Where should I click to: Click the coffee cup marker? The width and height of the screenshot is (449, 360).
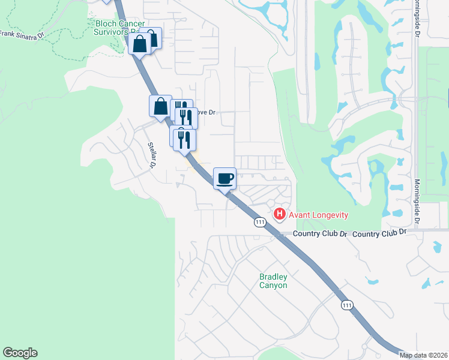coord(224,178)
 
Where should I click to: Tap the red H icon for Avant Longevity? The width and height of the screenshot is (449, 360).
coord(279,214)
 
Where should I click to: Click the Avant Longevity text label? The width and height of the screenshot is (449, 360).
coord(319,215)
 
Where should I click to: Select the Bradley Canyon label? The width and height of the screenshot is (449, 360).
coord(273,281)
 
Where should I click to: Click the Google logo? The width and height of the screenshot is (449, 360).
coord(20,353)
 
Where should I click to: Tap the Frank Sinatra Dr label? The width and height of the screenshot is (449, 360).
coord(22,35)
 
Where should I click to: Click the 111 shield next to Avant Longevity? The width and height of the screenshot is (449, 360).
coord(259,222)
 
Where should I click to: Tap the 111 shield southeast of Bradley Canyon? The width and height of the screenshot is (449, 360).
coord(346,305)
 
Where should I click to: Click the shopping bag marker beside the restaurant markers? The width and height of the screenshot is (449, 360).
coord(160,107)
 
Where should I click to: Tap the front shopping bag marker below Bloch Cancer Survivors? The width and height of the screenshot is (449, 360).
coord(139,44)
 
